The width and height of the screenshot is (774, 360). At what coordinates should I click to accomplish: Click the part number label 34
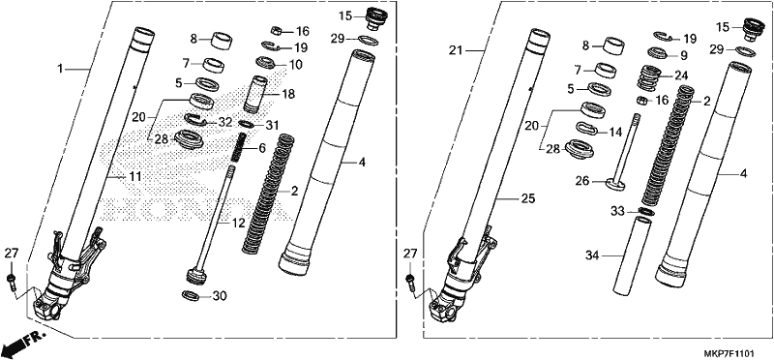click(x=592, y=255)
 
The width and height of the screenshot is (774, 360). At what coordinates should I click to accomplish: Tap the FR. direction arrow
click(x=23, y=344)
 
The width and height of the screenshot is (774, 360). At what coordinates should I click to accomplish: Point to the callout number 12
click(x=238, y=224)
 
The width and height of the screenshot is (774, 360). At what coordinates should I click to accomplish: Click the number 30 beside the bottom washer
click(x=220, y=296)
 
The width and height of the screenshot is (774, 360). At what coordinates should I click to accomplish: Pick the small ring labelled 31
click(x=246, y=124)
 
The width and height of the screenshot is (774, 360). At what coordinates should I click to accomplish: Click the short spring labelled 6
click(x=239, y=147)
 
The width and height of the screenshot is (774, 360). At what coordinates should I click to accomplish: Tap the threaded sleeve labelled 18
click(x=255, y=93)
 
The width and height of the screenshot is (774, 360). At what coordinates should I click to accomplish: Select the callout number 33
click(x=617, y=211)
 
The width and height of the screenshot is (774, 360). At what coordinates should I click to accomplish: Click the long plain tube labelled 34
click(x=632, y=255)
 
